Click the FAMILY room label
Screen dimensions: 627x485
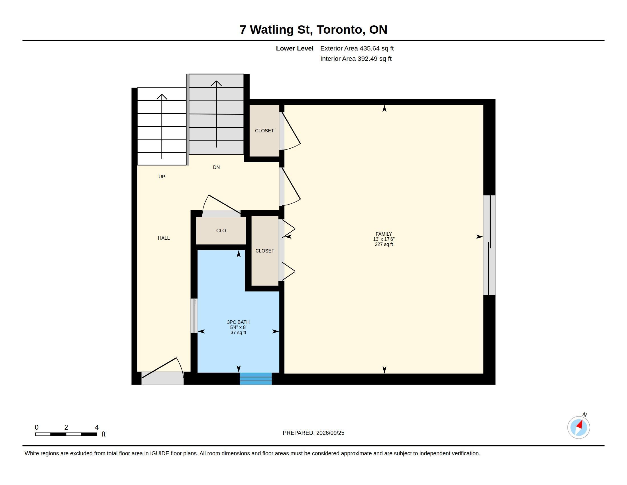click(384, 234)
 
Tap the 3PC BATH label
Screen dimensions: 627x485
click(238, 322)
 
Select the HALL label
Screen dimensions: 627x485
click(164, 238)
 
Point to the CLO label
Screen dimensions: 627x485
click(221, 231)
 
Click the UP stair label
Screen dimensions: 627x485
click(162, 177)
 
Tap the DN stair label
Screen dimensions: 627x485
click(216, 167)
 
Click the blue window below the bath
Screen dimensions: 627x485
click(256, 379)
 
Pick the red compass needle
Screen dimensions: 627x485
click(580, 425)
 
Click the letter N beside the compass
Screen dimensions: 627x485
click(585, 415)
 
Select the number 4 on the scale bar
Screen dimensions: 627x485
click(97, 427)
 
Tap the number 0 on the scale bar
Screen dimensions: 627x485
click(36, 427)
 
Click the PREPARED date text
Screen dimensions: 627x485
click(313, 433)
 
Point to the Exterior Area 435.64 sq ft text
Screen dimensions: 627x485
click(357, 48)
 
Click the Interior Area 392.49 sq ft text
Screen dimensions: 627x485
click(356, 58)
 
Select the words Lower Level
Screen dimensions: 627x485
click(295, 48)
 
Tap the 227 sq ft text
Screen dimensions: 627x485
click(384, 244)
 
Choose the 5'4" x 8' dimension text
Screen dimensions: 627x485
click(238, 327)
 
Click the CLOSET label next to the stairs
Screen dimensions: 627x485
click(264, 131)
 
